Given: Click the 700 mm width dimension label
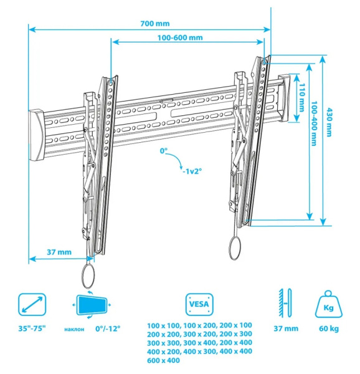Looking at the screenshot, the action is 155,24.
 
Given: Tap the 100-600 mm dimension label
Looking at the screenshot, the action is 180,37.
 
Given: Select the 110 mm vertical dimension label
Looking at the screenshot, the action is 302,97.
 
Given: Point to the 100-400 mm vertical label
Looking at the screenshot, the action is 315,123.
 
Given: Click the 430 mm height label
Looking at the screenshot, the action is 329,122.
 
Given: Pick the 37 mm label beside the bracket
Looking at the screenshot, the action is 59,252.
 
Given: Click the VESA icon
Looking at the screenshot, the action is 199,304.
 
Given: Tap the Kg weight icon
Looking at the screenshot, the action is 329,304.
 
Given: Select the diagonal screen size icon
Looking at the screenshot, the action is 32,304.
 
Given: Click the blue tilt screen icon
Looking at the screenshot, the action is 92,305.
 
